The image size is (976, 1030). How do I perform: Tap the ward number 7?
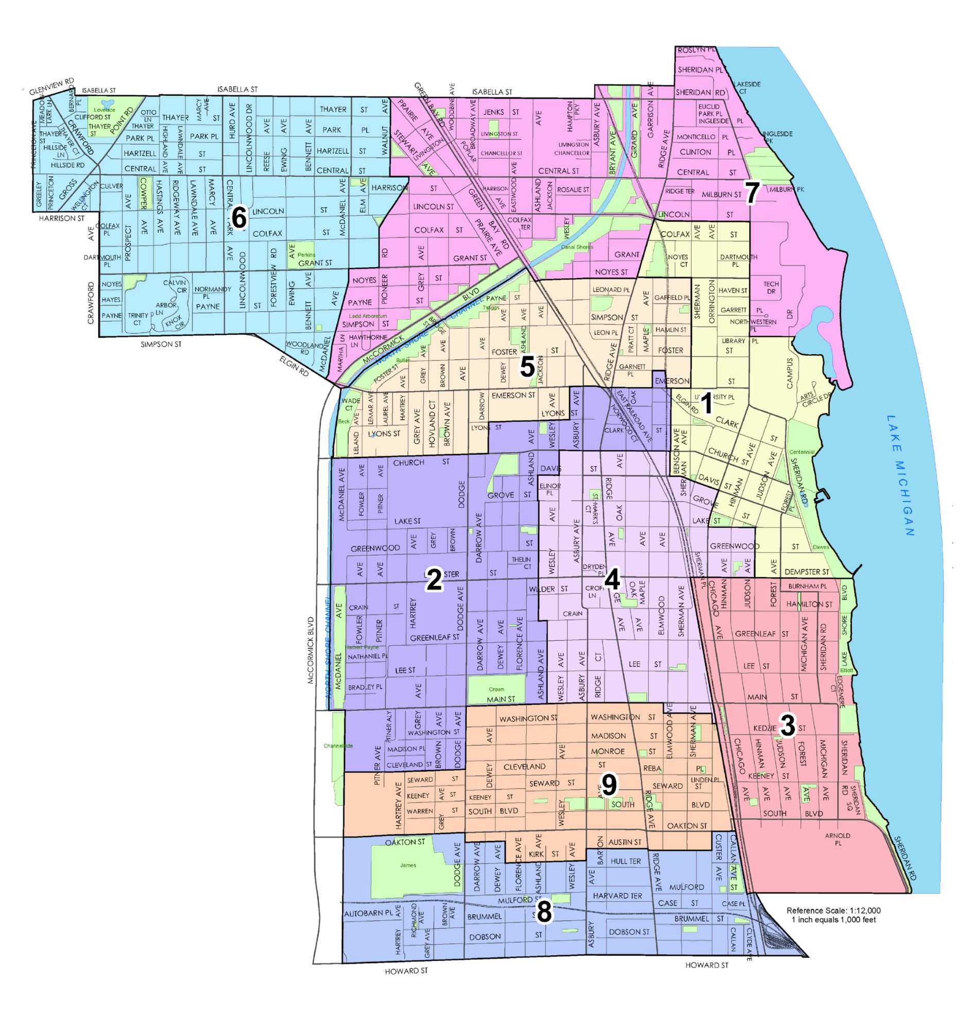[x=752, y=193]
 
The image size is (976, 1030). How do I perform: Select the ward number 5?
[x=527, y=367]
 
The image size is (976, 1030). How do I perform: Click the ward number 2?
[x=434, y=580]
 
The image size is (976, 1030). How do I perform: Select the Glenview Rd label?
[x=52, y=87]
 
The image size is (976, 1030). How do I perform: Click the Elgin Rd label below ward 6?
[x=295, y=366]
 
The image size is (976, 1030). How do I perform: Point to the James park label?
[x=408, y=865]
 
